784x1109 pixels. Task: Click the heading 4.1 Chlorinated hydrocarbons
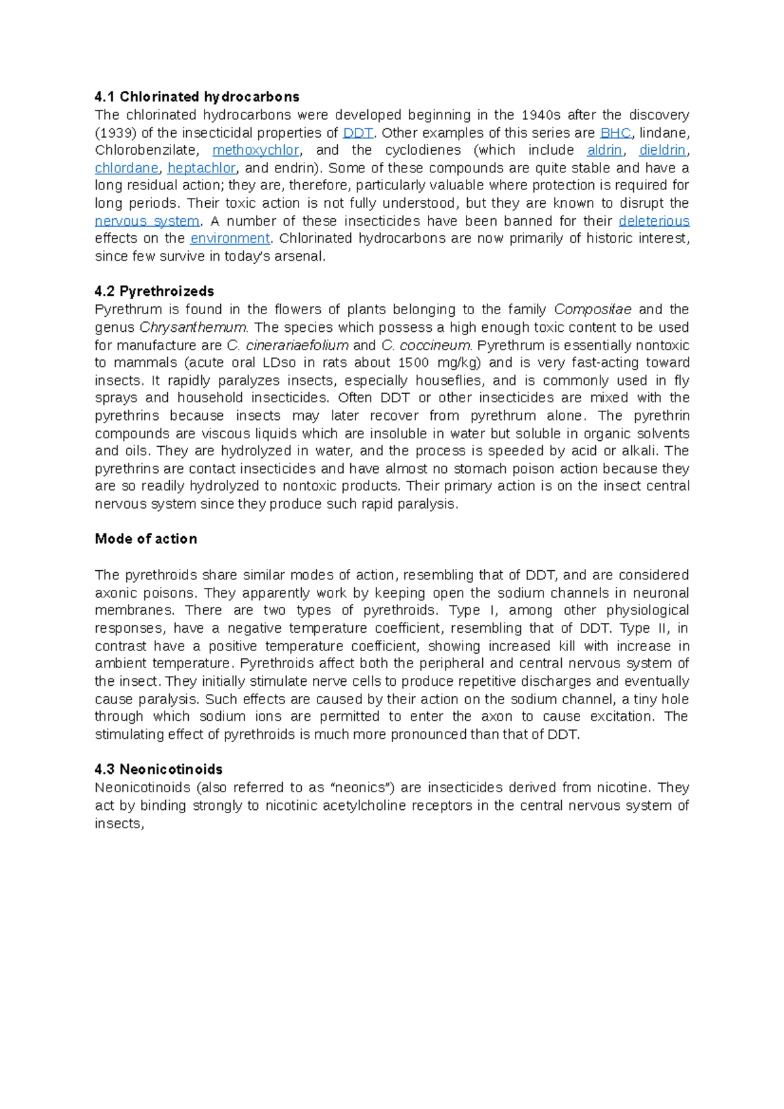197,97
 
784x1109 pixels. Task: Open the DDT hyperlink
358,133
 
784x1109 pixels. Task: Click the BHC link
615,133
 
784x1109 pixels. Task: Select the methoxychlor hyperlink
255,150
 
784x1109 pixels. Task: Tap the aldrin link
604,150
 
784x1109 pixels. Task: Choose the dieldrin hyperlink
662,150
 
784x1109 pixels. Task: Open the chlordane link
127,168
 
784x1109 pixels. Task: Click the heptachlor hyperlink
201,168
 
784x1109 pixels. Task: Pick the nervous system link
147,221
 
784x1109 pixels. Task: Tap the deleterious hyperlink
654,221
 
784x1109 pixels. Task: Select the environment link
230,238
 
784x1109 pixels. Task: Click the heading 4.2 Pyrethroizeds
154,291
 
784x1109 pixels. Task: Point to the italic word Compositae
593,310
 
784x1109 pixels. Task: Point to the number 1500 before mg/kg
414,362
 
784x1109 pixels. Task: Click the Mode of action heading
146,539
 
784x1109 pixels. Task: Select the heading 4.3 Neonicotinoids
159,769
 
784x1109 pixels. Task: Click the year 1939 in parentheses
115,133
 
